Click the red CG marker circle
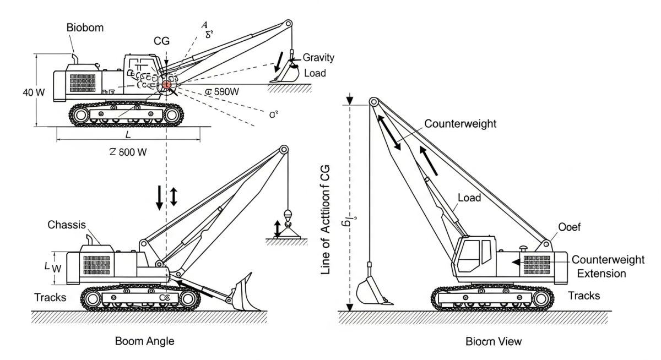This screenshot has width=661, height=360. point(166,85)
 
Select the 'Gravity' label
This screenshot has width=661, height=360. point(318,58)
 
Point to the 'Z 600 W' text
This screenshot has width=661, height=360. point(128,152)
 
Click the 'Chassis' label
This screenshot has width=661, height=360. point(66,225)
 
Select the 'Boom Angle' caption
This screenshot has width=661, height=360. point(144,341)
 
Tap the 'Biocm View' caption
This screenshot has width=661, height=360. point(494,341)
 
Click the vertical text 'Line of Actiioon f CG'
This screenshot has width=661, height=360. point(325,219)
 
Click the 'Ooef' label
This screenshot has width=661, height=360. point(570,227)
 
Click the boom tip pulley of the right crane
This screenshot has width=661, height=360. point(373,102)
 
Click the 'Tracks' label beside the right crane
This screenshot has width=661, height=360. point(584,296)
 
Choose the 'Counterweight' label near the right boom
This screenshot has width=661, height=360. point(460,124)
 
